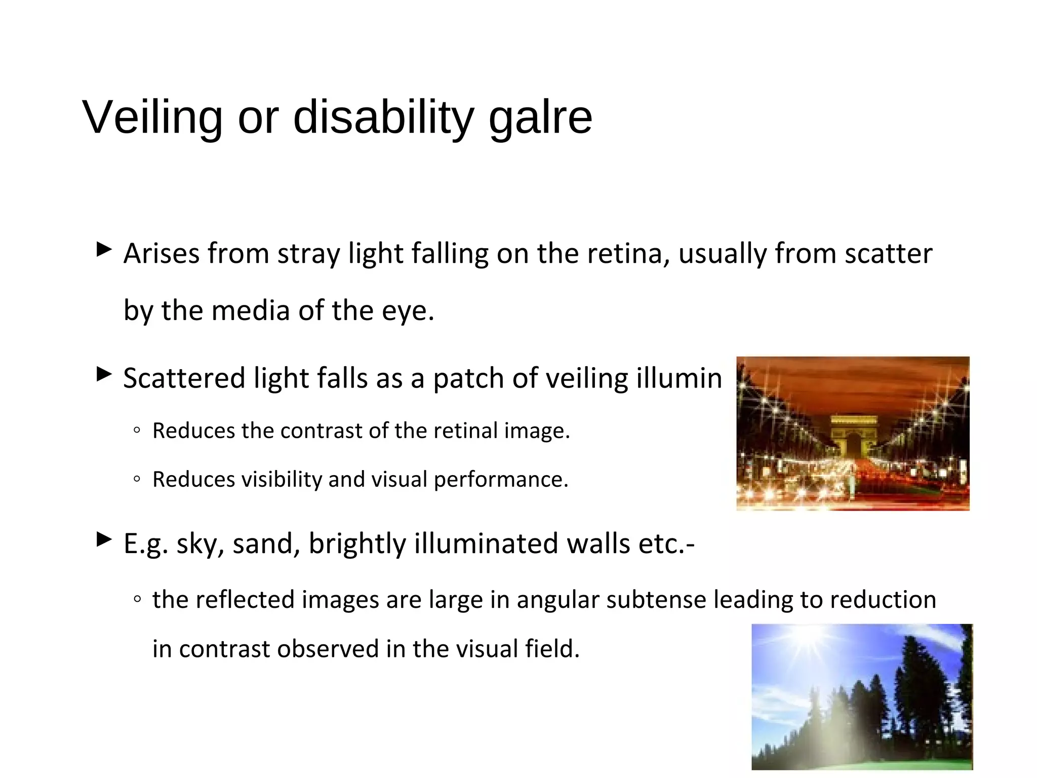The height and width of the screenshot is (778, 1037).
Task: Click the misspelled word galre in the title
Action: tap(540, 118)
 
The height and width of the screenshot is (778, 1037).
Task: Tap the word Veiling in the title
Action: tap(152, 118)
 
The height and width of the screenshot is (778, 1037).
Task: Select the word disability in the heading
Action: tap(383, 118)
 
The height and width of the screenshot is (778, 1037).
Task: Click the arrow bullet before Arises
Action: tap(104, 249)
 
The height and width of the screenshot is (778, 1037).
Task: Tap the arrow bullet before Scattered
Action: tap(104, 374)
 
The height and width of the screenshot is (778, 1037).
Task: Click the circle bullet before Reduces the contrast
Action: tap(136, 431)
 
